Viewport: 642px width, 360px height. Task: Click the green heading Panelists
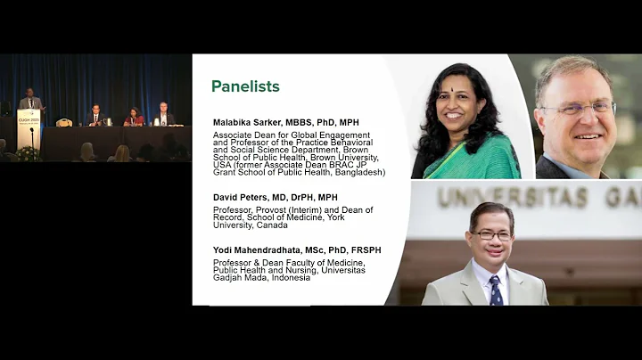[245, 86]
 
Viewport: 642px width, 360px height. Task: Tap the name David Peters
[238, 197]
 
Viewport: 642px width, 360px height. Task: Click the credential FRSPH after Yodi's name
[365, 250]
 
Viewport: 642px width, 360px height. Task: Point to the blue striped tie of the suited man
[496, 290]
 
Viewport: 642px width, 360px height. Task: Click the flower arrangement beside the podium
[28, 154]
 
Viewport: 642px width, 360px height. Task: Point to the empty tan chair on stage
[64, 122]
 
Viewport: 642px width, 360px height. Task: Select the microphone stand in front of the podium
[33, 137]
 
